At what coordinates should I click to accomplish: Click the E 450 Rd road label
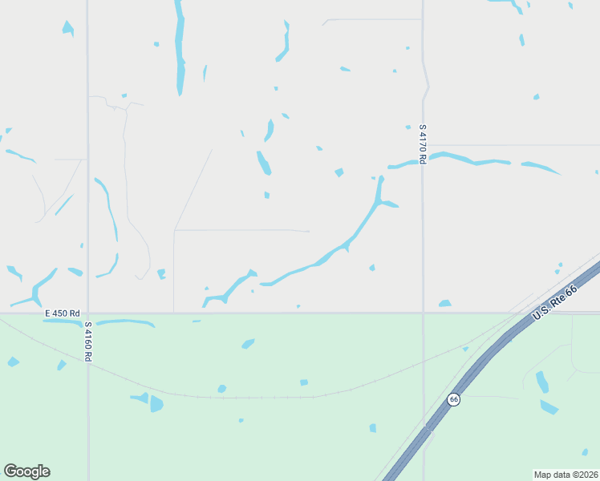(63, 313)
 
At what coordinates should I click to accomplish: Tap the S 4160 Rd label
(88, 341)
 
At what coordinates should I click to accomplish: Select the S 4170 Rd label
(422, 143)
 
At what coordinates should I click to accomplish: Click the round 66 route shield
(453, 399)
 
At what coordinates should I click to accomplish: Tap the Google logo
(26, 471)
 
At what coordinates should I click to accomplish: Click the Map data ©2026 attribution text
(566, 474)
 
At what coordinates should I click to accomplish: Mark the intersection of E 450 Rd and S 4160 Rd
(88, 313)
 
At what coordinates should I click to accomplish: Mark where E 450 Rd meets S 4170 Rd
(423, 313)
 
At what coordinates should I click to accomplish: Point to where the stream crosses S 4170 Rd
(423, 161)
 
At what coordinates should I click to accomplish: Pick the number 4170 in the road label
(422, 142)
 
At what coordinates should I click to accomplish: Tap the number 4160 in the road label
(88, 339)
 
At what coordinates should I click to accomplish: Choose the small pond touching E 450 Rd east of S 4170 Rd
(444, 304)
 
